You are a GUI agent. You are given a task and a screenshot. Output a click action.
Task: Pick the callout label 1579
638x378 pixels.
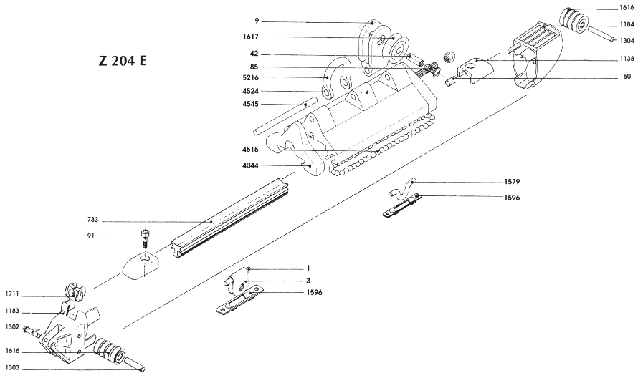[x=511, y=183]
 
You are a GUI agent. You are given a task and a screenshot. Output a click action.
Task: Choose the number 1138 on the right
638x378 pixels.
[x=625, y=59]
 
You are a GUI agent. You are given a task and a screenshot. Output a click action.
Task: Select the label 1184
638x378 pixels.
[x=625, y=24]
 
